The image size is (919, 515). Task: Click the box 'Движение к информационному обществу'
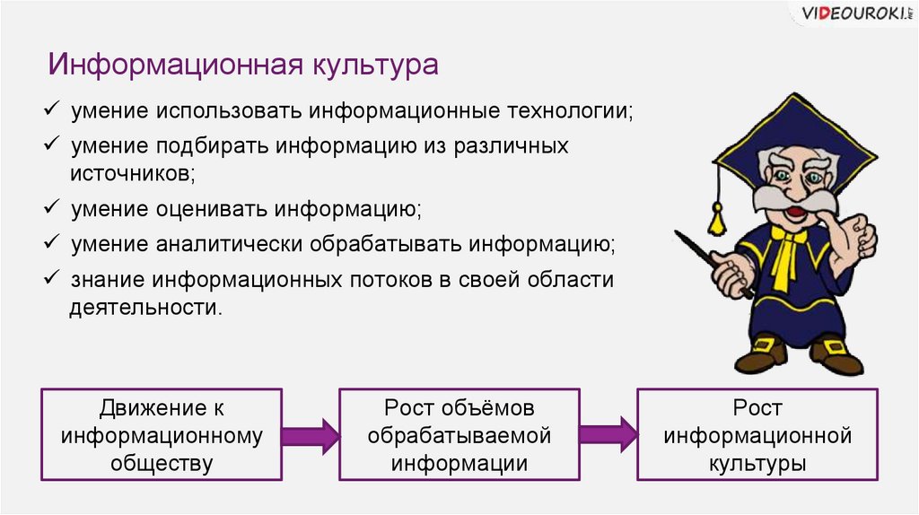pos(162,435)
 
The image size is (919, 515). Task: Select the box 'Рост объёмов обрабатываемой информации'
pos(459,435)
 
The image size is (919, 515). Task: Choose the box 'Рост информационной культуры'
pos(757,435)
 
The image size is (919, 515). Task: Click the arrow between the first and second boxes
pos(311,436)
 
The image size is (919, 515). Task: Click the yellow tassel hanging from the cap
pos(716,216)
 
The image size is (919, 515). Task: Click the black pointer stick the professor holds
pos(709,260)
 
